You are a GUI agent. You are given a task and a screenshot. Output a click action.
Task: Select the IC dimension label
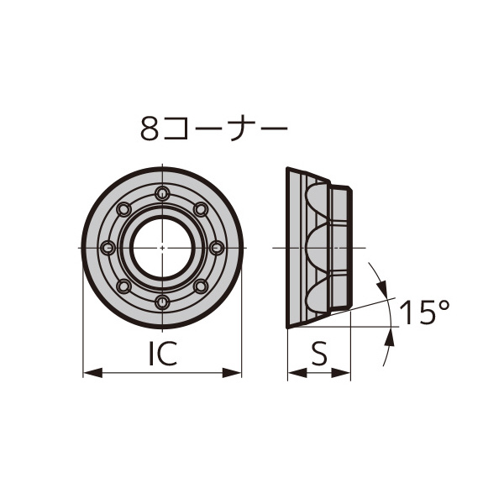[162, 354]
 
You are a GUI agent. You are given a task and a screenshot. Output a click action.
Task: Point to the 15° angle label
[425, 313]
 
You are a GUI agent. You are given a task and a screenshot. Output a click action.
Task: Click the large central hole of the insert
[162, 248]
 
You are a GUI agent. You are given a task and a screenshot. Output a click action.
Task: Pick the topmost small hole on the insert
[162, 194]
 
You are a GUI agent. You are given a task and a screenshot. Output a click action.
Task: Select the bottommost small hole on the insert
[162, 302]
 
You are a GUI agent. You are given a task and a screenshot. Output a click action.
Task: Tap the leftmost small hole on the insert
[108, 248]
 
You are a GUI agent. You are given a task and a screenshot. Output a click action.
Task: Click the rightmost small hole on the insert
[216, 248]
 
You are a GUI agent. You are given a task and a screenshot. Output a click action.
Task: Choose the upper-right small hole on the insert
[200, 210]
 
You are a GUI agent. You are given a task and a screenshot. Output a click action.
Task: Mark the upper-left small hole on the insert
[124, 210]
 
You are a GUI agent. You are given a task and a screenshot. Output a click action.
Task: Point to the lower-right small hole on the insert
[200, 286]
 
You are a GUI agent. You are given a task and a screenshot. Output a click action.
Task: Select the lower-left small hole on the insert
[124, 286]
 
